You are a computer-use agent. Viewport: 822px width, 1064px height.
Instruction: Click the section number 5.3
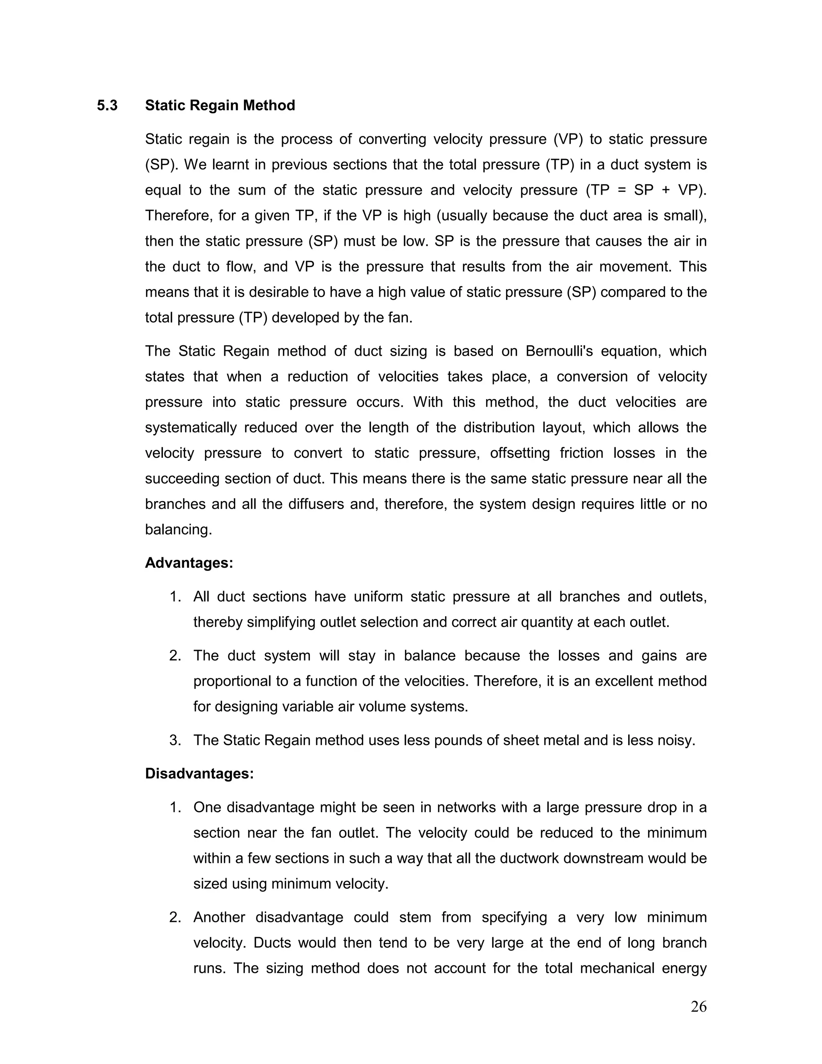tap(107, 106)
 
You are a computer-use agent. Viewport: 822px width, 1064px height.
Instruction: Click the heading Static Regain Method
tap(220, 106)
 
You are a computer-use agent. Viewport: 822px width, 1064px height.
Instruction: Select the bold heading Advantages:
tap(189, 563)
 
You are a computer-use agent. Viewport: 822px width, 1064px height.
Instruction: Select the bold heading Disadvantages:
tap(199, 774)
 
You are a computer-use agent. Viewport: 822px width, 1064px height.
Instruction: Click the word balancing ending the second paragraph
tap(178, 530)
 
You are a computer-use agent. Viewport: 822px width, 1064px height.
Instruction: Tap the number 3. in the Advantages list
tap(175, 740)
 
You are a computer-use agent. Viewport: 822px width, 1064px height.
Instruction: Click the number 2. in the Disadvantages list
tap(175, 917)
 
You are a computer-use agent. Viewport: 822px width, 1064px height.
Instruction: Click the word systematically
tap(190, 428)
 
